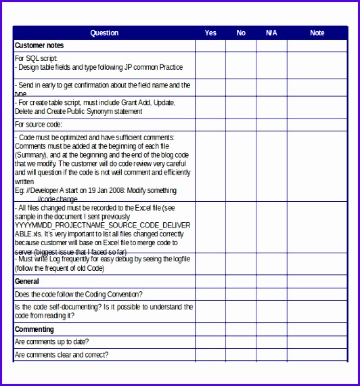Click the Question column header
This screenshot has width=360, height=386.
click(104, 33)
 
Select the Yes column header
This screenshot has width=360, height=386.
click(210, 33)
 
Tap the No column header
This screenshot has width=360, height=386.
click(241, 33)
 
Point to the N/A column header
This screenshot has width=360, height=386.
click(271, 33)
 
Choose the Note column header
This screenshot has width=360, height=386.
click(317, 33)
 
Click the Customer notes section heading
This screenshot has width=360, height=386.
click(39, 45)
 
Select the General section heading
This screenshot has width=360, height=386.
click(27, 281)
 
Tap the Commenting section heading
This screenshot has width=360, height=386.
click(35, 329)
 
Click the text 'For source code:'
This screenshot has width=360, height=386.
click(39, 125)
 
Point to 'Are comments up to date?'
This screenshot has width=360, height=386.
click(52, 342)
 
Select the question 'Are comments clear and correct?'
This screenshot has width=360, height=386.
click(62, 355)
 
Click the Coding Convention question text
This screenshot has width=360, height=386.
click(78, 294)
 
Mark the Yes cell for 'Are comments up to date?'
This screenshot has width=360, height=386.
click(210, 342)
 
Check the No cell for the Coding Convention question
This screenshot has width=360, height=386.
click(241, 294)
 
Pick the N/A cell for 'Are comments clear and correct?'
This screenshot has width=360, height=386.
click(271, 355)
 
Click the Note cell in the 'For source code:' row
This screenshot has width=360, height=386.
click(317, 125)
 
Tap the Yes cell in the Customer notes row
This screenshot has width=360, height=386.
click(210, 45)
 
